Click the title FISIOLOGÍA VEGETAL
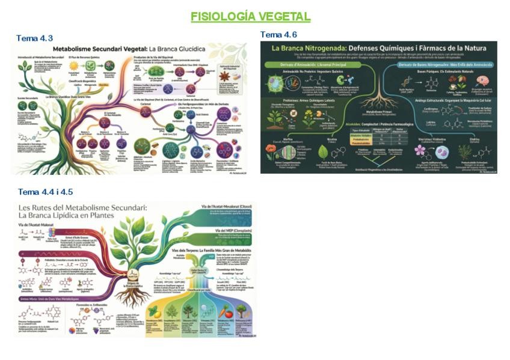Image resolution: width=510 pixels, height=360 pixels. (250, 16)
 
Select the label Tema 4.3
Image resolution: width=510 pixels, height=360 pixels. (34, 38)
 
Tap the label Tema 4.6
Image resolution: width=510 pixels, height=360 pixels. (278, 34)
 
